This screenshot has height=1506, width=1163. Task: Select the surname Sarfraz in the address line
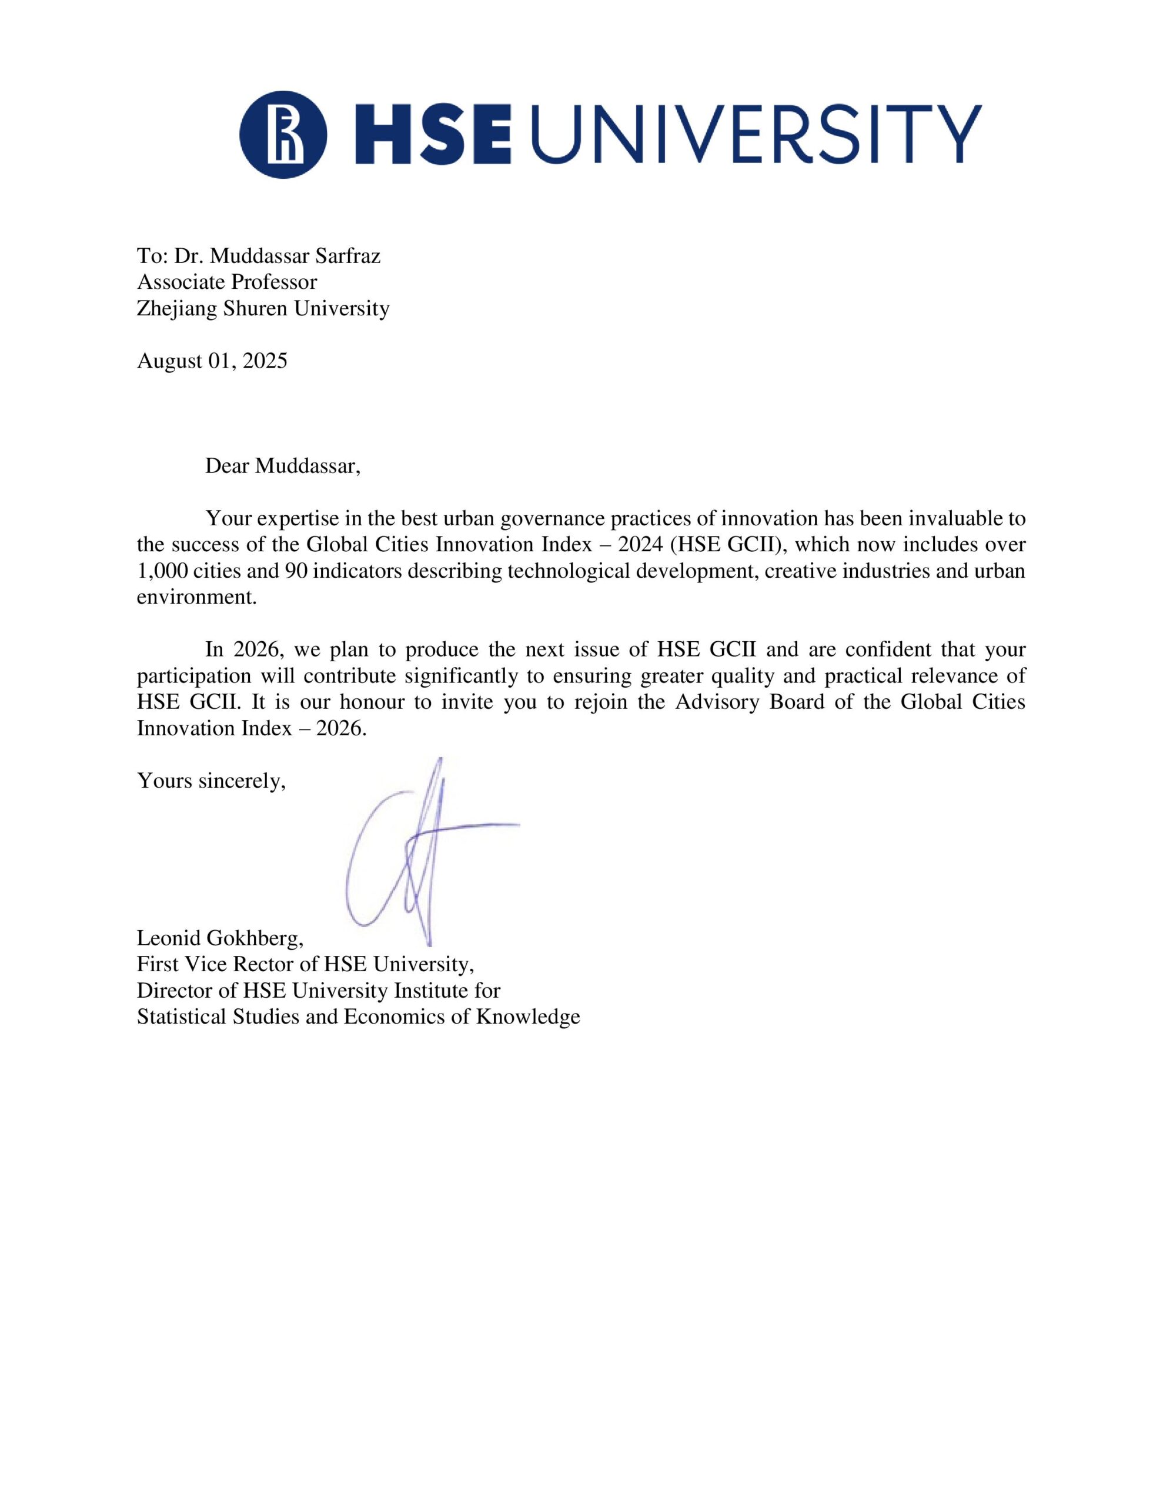(x=347, y=256)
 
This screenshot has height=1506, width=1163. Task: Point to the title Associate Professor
(x=227, y=282)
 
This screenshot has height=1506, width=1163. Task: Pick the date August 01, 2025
(x=212, y=361)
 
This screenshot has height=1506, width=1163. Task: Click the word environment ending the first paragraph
(x=196, y=597)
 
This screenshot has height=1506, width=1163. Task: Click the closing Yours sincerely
(x=211, y=781)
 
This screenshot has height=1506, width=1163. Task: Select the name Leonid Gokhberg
(x=219, y=938)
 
